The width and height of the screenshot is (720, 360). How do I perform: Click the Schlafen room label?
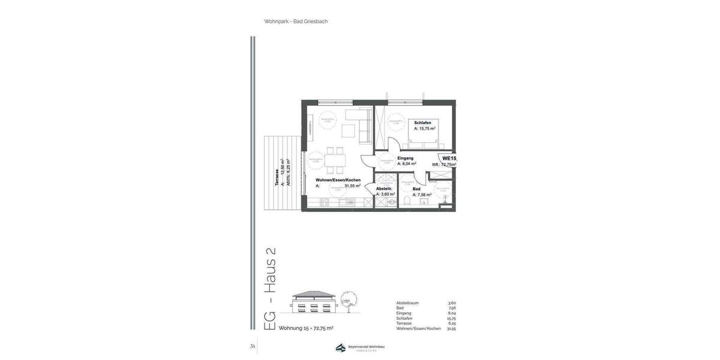[422, 122]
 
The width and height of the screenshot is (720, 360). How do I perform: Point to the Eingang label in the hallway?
[405, 158]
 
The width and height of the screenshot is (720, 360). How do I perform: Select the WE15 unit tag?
[449, 158]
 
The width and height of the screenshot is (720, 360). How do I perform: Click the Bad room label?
[416, 189]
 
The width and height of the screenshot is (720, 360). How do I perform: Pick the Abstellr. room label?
[384, 188]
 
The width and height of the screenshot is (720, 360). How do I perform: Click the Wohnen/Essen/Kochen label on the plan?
[338, 180]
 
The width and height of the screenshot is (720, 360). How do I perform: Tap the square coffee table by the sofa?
[349, 130]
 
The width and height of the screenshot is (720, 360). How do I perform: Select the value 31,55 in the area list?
[451, 329]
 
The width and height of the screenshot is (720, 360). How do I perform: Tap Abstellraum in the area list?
[407, 303]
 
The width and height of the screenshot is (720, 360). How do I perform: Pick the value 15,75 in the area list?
[451, 319]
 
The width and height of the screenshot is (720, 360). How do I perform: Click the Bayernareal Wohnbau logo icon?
[340, 348]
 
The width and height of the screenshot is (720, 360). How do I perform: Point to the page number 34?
[253, 346]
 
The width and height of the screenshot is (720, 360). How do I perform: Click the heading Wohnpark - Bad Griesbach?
[296, 22]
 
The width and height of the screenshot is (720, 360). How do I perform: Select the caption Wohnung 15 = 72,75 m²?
[306, 328]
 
